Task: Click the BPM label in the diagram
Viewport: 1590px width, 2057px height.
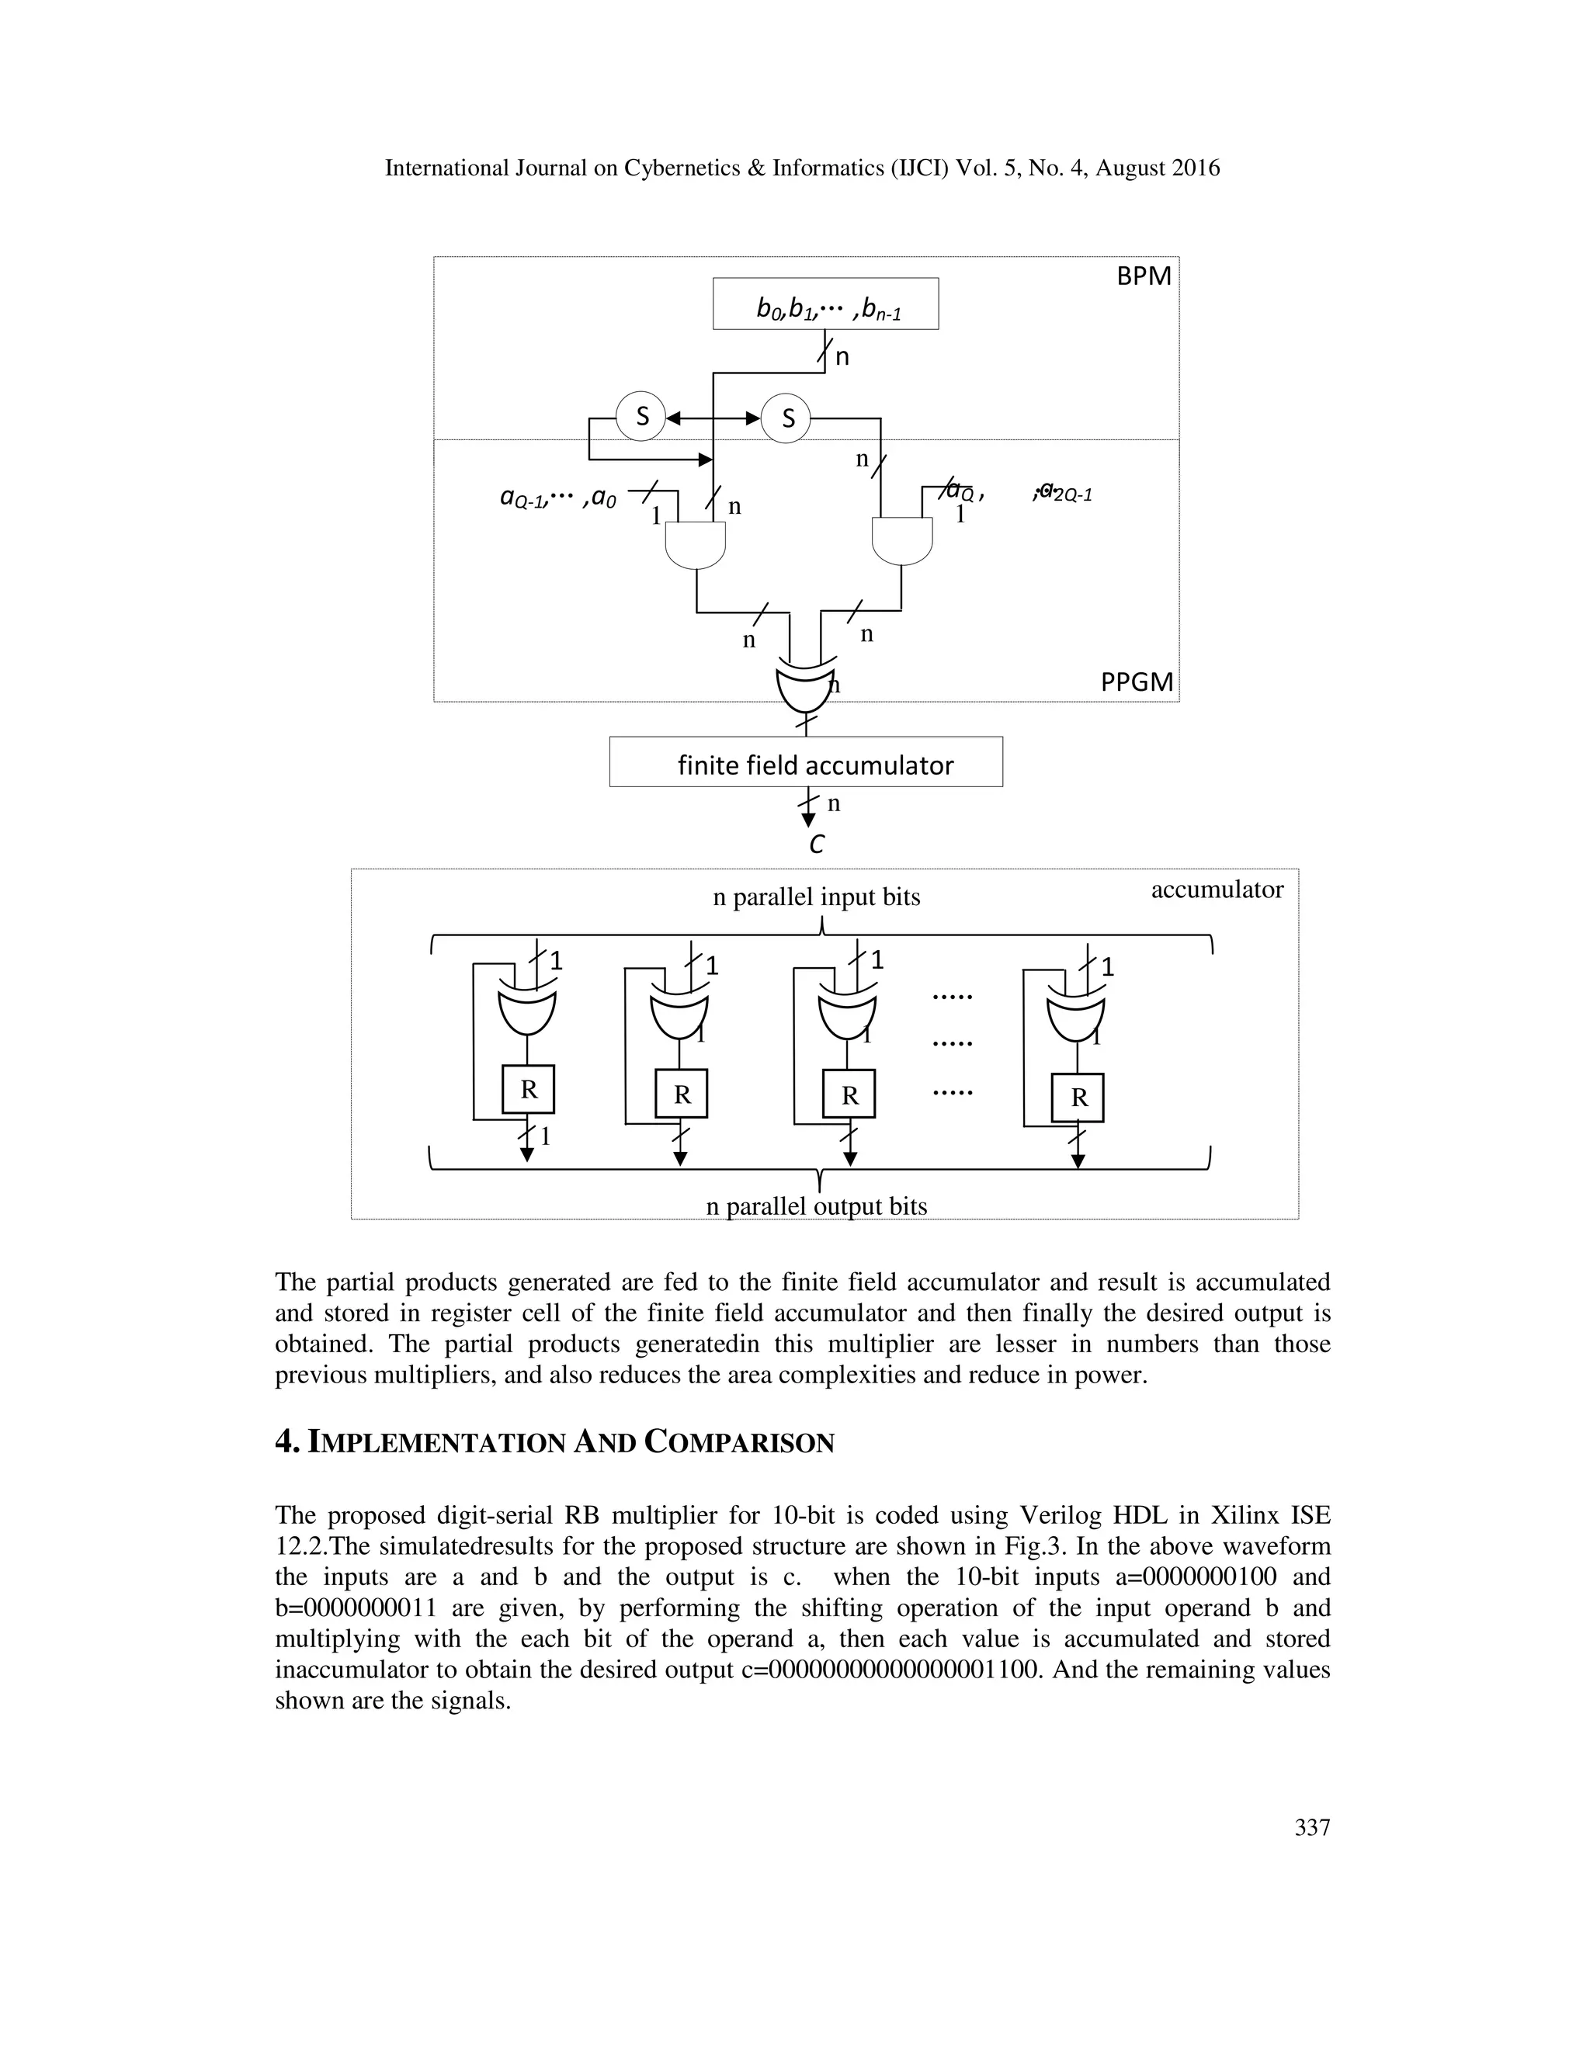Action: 1143,276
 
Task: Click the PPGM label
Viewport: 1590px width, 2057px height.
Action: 1137,682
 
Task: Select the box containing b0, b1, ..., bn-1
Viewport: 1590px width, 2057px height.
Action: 825,304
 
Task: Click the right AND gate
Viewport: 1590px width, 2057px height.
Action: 901,540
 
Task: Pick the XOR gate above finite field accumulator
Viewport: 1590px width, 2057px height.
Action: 804,689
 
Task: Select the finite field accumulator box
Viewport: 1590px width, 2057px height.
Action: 805,762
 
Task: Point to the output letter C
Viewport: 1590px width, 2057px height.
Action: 816,845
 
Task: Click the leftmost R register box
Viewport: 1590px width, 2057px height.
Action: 529,1091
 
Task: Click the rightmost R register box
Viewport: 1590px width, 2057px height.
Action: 1078,1098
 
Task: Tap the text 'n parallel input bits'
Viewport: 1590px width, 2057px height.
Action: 816,897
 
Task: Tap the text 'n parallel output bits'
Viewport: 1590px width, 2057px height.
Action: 816,1206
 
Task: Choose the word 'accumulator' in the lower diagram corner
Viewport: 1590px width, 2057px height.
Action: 1216,890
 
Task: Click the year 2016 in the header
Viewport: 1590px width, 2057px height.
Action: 1193,168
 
